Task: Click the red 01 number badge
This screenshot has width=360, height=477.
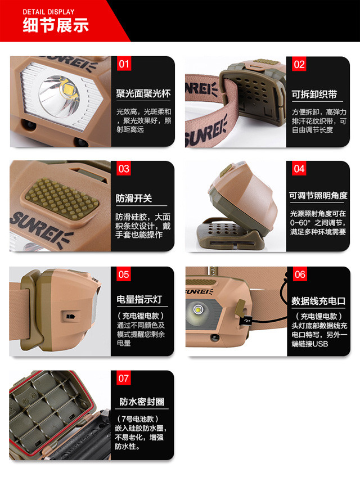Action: pyautogui.click(x=124, y=64)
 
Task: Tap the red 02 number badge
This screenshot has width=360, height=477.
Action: pyautogui.click(x=299, y=64)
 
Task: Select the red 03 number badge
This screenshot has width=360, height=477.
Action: pyautogui.click(x=124, y=169)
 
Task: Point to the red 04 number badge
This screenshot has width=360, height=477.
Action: pyautogui.click(x=299, y=169)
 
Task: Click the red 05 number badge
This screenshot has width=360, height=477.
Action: pyautogui.click(x=124, y=274)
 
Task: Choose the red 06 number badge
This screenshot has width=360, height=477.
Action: pyautogui.click(x=300, y=274)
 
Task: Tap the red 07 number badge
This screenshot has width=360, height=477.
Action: pyautogui.click(x=124, y=378)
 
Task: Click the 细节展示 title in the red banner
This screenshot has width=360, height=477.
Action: pyautogui.click(x=56, y=25)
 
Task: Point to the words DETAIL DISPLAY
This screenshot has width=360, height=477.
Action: pyautogui.click(x=48, y=12)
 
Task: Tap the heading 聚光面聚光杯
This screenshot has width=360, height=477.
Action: pyautogui.click(x=143, y=93)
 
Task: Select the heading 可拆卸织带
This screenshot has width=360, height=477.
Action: pyautogui.click(x=314, y=94)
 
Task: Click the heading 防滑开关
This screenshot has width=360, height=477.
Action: pyautogui.click(x=133, y=199)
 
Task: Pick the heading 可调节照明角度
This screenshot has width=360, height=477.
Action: pyautogui.click(x=318, y=196)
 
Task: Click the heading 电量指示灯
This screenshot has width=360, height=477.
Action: pyautogui.click(x=139, y=299)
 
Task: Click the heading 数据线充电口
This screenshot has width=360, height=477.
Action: pyautogui.click(x=318, y=301)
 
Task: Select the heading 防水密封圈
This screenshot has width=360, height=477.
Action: pyautogui.click(x=142, y=402)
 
